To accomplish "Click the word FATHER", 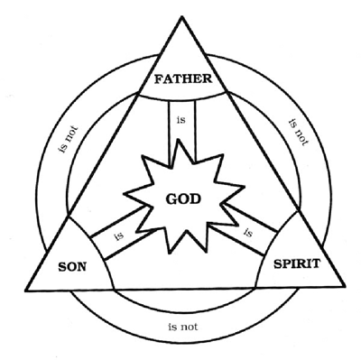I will point(182,78).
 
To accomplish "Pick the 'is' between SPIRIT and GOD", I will point(246,234).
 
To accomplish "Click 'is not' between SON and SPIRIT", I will point(184,319).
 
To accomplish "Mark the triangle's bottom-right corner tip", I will point(347,290).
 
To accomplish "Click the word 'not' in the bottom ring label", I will point(190,319).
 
